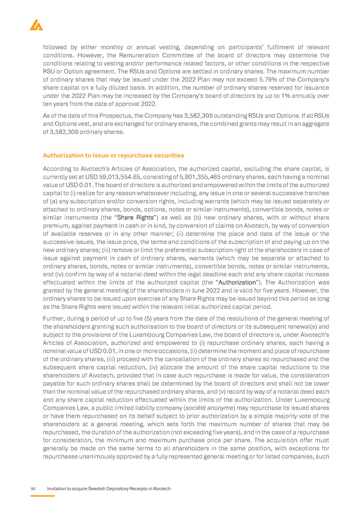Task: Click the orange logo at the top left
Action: (36, 24)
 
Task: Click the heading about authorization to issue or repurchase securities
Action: (113, 155)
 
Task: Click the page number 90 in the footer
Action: (33, 489)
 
